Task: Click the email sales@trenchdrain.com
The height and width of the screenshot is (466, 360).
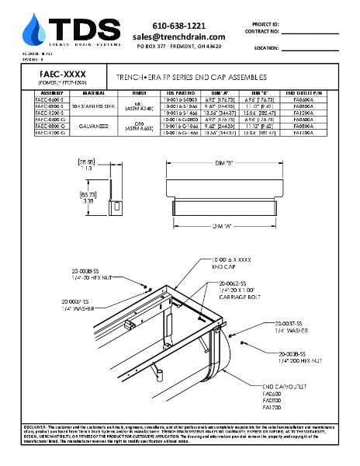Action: (178, 37)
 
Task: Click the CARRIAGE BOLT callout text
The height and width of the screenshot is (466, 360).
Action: (240, 297)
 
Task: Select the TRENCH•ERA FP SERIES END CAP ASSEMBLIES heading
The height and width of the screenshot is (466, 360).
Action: (191, 78)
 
